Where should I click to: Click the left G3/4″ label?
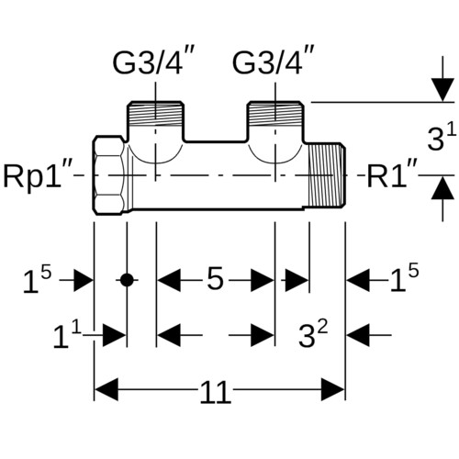click(154, 61)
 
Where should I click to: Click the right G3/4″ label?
click(274, 61)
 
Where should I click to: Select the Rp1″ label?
click(38, 175)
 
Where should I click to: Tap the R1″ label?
click(392, 175)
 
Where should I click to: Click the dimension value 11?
click(215, 392)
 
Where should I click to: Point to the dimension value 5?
click(215, 279)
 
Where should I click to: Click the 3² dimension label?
click(313, 334)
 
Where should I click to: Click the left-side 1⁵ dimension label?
click(37, 280)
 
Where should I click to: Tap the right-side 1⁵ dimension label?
click(404, 278)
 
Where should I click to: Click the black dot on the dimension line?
click(127, 280)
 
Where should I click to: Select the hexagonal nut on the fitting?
click(109, 175)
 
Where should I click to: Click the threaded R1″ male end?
click(327, 175)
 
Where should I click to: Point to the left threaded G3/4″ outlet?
click(156, 115)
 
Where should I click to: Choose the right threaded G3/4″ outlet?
click(275, 115)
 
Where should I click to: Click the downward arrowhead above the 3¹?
click(442, 90)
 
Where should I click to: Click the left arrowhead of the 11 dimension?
click(106, 389)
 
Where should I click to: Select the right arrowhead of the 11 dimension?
click(333, 389)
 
